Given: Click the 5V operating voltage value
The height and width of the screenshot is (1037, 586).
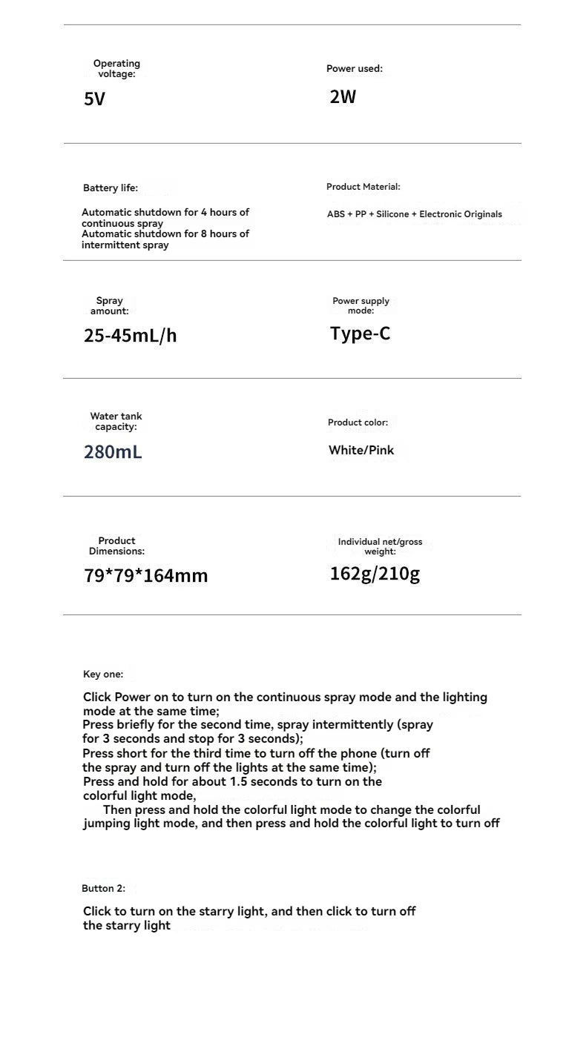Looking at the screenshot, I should click(x=95, y=99).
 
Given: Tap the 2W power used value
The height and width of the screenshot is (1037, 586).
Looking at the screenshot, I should click(x=343, y=96).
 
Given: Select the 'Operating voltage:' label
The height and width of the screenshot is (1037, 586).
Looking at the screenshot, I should click(x=116, y=69).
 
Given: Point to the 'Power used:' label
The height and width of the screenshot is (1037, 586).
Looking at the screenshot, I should click(x=355, y=69).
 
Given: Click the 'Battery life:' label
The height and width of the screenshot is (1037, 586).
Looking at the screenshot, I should click(x=111, y=188).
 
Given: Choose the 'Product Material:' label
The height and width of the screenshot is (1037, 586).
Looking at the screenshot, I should click(x=363, y=187).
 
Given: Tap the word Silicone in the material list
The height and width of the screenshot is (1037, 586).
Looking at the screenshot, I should click(x=392, y=214).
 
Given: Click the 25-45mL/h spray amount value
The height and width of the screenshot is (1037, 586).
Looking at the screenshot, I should click(x=131, y=336).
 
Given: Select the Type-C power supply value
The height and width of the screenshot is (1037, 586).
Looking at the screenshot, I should click(x=361, y=334).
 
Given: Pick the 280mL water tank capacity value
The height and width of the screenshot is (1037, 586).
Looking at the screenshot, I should click(x=113, y=451).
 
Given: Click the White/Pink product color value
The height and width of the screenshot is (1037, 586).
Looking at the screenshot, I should click(x=361, y=450).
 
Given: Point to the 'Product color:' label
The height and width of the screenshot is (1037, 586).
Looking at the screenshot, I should click(x=358, y=423).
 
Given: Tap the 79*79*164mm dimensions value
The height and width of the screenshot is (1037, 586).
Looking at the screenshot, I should click(x=146, y=575).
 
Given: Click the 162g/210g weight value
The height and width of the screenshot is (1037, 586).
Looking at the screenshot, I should click(x=375, y=574).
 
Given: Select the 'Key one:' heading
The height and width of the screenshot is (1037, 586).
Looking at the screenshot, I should click(x=103, y=675).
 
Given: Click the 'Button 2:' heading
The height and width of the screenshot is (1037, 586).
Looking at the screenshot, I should click(x=104, y=888).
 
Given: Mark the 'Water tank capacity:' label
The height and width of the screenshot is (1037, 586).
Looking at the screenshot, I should click(x=116, y=422).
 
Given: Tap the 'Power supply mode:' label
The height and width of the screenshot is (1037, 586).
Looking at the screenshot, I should click(x=361, y=305).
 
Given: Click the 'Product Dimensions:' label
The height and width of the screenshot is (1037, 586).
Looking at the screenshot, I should click(x=116, y=546).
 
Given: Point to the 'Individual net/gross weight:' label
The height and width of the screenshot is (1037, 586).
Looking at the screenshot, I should click(x=380, y=546).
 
